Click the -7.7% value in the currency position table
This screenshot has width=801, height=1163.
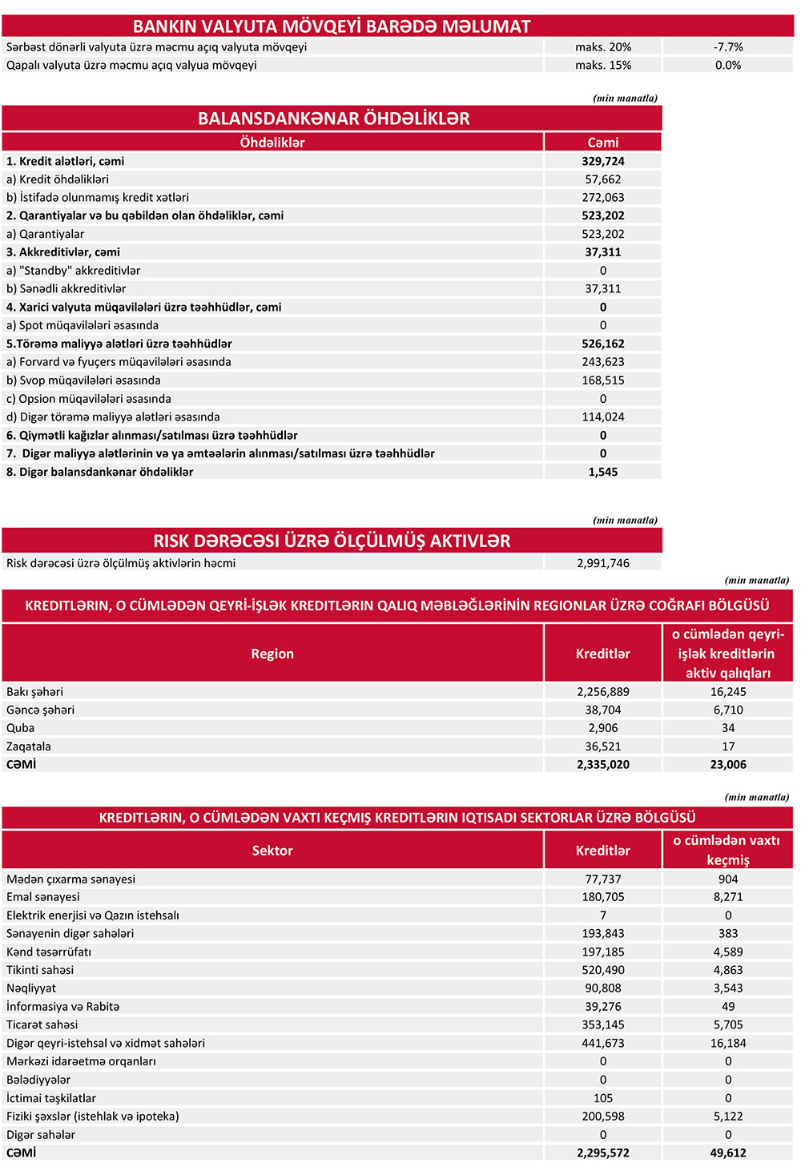coord(727,47)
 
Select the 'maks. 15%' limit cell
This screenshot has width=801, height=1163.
coord(602,65)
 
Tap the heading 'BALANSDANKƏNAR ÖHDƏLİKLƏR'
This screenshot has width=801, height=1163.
coord(333,119)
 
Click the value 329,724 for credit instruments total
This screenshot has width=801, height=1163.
coord(602,161)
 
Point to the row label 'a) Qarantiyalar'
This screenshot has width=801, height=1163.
coord(45,234)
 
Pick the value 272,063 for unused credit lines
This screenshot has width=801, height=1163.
coord(602,197)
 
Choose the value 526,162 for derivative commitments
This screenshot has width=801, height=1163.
coord(602,344)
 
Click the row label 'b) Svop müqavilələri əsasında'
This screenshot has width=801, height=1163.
coord(83,380)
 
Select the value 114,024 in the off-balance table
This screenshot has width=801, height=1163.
coord(602,417)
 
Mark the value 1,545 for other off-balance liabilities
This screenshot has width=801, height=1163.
coord(602,472)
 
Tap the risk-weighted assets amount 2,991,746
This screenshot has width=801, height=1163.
coord(602,563)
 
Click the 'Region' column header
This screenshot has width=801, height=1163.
coord(272,654)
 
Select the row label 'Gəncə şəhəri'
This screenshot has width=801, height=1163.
coord(40,710)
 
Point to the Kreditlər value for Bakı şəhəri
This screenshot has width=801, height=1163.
coord(602,691)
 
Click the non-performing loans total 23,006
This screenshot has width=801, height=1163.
coord(727,764)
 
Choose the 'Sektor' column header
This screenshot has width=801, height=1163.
coord(272,851)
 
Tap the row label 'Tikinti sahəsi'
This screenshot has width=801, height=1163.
coord(40,970)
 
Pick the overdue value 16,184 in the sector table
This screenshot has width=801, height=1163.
coord(727,1043)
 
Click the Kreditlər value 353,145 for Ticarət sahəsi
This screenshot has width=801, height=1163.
coord(602,1024)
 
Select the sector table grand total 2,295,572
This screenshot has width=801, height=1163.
coord(602,1153)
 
